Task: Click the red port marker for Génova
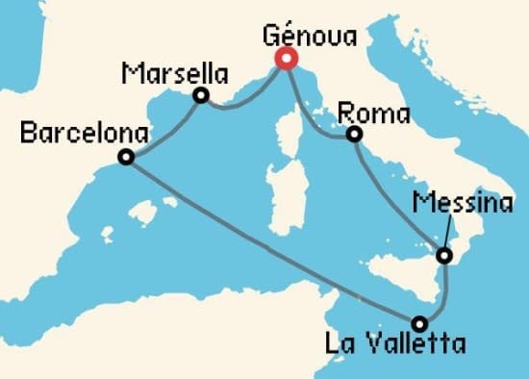click(286, 59)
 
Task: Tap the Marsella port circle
click(201, 95)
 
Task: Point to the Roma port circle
click(354, 134)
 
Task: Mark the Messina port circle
click(443, 256)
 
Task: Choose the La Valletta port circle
click(419, 323)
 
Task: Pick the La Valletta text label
click(409, 344)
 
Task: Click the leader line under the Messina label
click(447, 232)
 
